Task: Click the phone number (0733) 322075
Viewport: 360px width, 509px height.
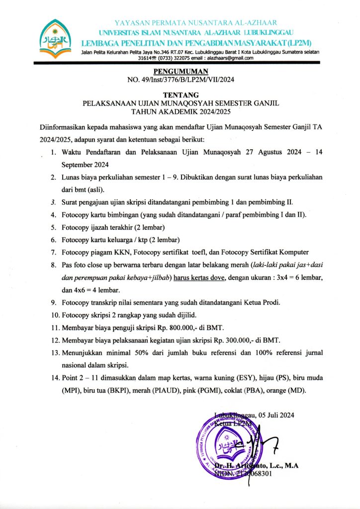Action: pyautogui.click(x=174, y=58)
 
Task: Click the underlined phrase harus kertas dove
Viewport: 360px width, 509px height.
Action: pyautogui.click(x=198, y=277)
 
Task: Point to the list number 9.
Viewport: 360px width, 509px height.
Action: pyautogui.click(x=53, y=302)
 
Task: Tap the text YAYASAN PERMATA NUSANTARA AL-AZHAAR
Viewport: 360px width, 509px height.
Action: pyautogui.click(x=195, y=23)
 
